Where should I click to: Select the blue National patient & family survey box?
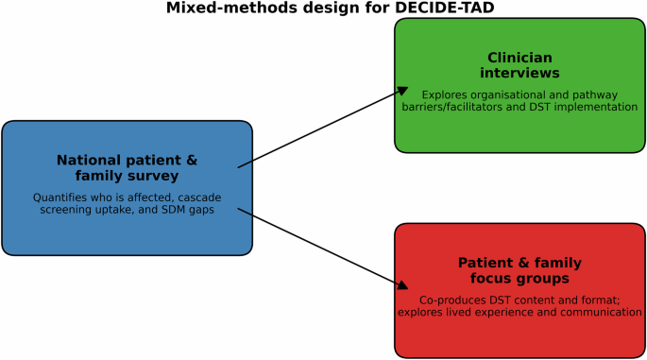[128, 187]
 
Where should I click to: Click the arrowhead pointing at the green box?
[403, 91]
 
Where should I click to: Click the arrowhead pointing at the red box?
[403, 284]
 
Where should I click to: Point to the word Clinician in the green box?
[519, 58]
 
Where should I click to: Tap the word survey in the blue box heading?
[153, 175]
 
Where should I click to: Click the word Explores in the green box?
[444, 94]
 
